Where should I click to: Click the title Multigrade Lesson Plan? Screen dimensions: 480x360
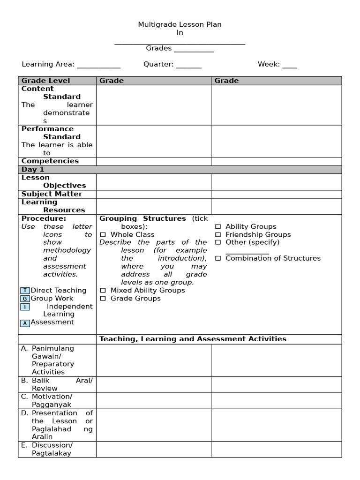(180, 24)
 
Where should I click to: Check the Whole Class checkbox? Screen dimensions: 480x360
(103, 235)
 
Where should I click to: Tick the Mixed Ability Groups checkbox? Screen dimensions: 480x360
(103, 291)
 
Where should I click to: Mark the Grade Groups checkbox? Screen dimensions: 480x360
(103, 299)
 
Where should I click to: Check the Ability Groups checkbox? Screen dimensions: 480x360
(218, 227)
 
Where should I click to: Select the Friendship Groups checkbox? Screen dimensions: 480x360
(218, 235)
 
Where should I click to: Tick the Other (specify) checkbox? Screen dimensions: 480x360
(218, 243)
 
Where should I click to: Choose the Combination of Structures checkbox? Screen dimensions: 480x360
(218, 259)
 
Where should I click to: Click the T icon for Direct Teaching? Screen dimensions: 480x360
(25, 291)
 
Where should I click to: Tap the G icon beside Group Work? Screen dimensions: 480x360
(25, 299)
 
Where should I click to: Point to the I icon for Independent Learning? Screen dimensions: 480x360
(25, 307)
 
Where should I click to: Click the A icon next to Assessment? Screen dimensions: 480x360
(25, 323)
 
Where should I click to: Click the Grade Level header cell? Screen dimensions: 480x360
(45, 81)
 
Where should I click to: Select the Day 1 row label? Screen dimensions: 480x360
(32, 170)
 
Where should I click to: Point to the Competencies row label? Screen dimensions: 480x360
(50, 161)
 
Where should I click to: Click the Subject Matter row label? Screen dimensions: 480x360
(52, 194)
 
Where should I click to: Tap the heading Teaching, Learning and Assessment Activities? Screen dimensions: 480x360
(193, 339)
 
